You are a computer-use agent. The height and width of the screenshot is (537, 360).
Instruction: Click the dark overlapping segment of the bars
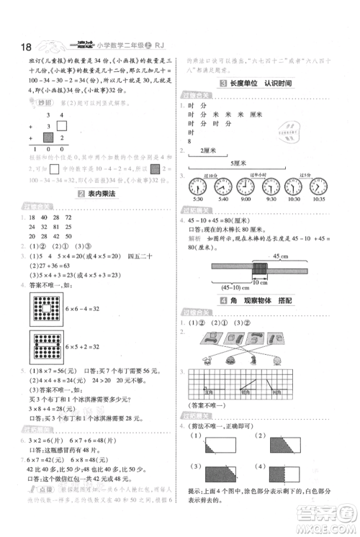pos(258,268)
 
